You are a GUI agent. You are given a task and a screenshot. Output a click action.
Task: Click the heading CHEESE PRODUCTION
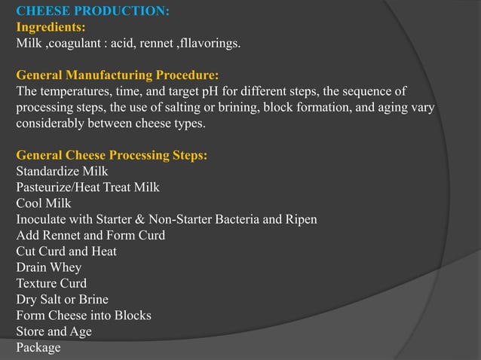coord(93,11)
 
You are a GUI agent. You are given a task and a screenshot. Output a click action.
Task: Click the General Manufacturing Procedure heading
coord(117,75)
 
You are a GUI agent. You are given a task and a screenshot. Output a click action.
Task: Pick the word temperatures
coord(72,91)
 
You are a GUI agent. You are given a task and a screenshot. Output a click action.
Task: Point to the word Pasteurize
coord(44,187)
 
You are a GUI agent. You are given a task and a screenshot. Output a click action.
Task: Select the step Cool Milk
coord(44,203)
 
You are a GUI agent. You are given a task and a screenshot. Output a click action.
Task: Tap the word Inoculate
coord(42,219)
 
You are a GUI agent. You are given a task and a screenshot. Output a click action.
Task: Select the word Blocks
coord(130,315)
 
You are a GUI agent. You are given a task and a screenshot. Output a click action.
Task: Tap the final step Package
coord(38,347)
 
